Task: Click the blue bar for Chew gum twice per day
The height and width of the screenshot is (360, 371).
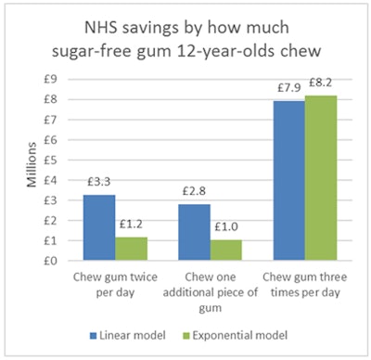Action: tap(98, 227)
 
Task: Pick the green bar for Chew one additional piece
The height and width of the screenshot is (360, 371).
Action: tap(225, 251)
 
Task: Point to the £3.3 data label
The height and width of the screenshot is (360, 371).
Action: tap(98, 183)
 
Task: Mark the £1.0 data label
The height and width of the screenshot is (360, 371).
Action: tap(226, 229)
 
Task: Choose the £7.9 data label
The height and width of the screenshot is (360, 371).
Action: tap(289, 89)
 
